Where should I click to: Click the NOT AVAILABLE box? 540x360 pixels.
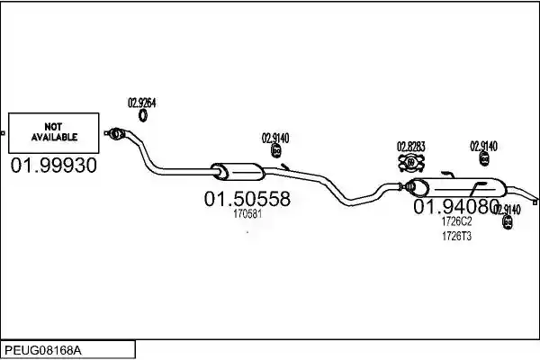(54, 133)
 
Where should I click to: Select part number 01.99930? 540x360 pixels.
(54, 166)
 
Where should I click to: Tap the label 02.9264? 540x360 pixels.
(142, 103)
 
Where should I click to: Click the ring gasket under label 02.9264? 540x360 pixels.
(143, 115)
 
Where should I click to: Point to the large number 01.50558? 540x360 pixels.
(247, 199)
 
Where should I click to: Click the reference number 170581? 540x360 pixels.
(247, 214)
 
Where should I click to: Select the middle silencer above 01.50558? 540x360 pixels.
(238, 172)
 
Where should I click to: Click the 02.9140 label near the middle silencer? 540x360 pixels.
(275, 138)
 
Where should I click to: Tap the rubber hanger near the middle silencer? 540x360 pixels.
(276, 151)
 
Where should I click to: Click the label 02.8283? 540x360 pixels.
(411, 147)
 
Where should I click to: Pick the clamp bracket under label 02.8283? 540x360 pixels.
(411, 163)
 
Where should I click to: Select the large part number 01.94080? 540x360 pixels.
(456, 207)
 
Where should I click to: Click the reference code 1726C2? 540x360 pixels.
(456, 221)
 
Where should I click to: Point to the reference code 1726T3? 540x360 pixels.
(456, 237)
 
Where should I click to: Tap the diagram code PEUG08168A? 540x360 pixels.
(43, 351)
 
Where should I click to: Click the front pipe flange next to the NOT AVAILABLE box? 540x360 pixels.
(116, 133)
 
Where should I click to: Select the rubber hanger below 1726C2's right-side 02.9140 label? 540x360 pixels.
(508, 222)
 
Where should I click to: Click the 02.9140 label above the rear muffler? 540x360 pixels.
(484, 147)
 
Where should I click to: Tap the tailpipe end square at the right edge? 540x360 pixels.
(535, 202)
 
